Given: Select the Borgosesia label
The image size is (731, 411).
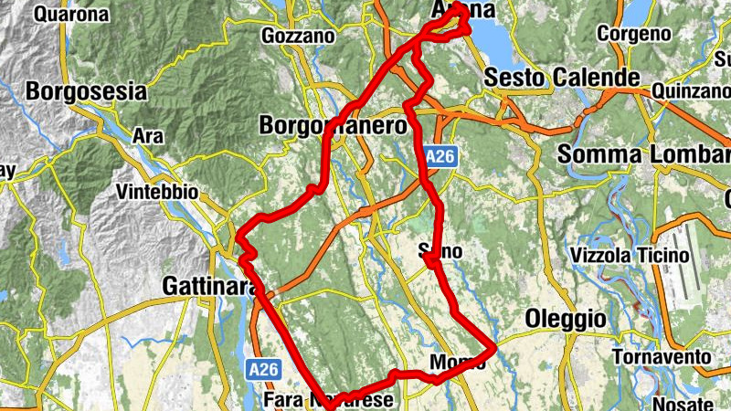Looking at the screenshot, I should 87,91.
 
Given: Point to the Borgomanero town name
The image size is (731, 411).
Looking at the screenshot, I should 333,125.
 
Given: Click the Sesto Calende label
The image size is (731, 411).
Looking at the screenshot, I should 561,77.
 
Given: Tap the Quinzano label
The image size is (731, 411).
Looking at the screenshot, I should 692,91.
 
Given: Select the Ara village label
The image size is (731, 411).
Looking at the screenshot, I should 147,135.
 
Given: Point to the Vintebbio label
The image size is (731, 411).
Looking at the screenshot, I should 157,193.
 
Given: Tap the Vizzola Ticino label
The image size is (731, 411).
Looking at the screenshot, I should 629,255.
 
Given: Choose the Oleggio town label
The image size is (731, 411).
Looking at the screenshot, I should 566,319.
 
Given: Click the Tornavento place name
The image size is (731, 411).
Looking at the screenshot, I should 662,355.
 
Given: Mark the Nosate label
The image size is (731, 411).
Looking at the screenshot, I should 683,403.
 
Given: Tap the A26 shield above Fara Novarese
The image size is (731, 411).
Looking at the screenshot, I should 261,369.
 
